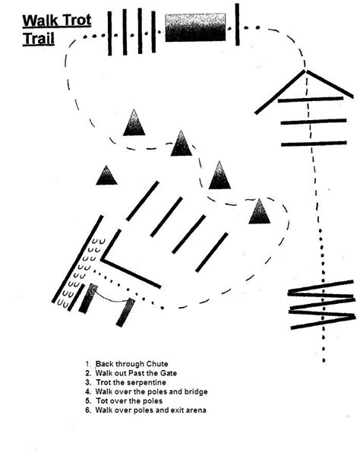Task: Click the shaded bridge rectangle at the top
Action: coord(195,27)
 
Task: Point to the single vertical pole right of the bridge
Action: coord(237,25)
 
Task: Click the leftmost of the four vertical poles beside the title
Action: coord(111,33)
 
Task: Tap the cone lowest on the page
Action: coord(260,211)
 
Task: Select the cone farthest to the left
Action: coord(107,176)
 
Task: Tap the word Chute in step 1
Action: coord(157,363)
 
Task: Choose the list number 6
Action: coord(88,410)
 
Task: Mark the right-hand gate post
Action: coord(125,312)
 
